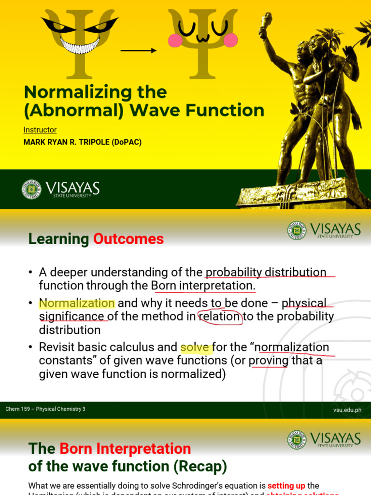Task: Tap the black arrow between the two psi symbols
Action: click(139, 50)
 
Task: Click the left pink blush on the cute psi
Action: click(175, 40)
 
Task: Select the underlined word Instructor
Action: click(40, 130)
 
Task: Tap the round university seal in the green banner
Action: click(31, 189)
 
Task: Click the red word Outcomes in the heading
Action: click(128, 239)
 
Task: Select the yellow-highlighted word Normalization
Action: click(77, 303)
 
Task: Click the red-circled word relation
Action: click(220, 317)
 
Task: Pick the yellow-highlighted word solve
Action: click(195, 347)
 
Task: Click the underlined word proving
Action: click(269, 361)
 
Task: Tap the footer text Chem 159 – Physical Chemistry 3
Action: click(45, 409)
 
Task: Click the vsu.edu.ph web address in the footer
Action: click(347, 410)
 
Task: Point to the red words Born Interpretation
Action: click(125, 449)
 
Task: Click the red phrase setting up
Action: click(286, 485)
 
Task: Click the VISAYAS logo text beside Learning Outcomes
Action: click(335, 229)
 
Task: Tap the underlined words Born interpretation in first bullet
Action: click(202, 286)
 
